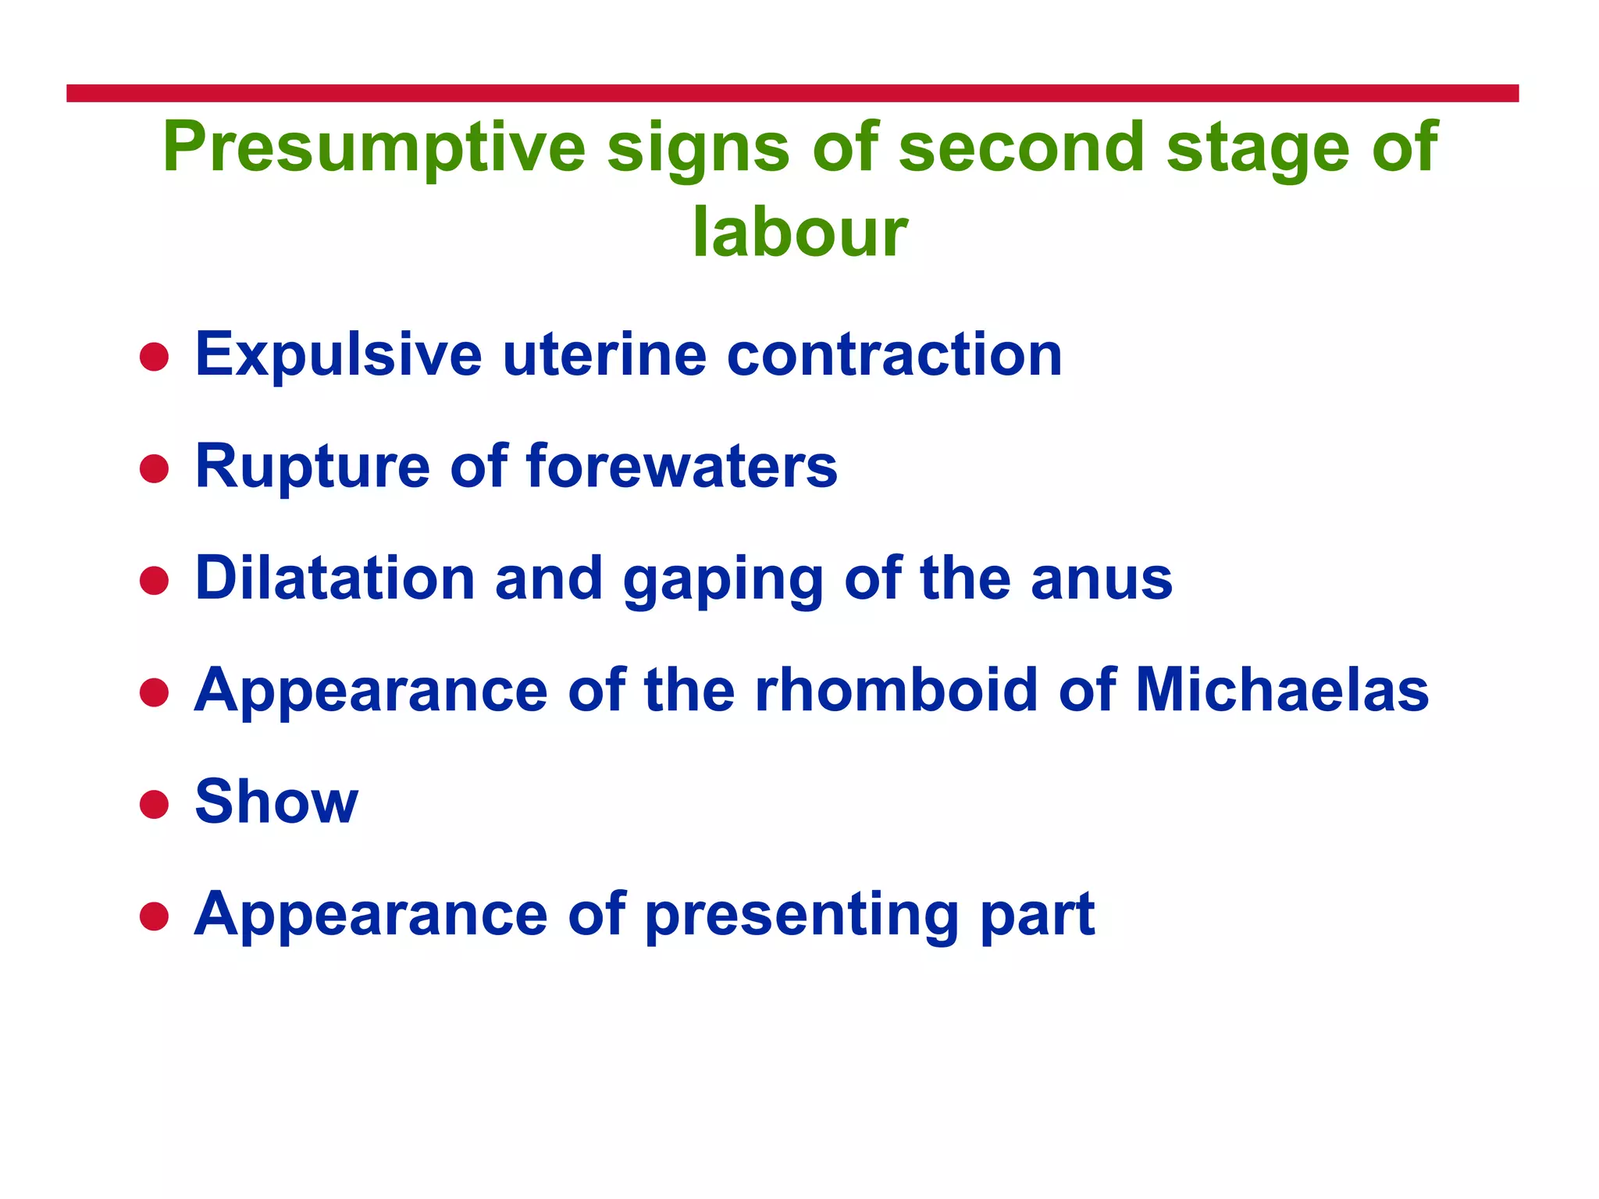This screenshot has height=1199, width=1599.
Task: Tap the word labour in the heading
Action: (x=799, y=232)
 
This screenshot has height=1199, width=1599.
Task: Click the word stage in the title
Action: (x=1258, y=148)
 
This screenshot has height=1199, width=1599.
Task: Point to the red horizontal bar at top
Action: (x=792, y=93)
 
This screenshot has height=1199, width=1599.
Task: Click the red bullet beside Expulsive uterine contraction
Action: (x=154, y=358)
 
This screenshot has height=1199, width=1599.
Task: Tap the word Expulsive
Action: (x=338, y=356)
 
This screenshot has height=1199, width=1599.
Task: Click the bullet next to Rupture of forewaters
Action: (x=154, y=469)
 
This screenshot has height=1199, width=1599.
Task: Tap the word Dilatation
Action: (x=335, y=578)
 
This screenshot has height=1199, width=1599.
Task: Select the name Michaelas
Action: (x=1281, y=690)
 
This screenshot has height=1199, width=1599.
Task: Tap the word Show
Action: (x=276, y=802)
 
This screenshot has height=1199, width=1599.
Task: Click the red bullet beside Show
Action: (x=154, y=804)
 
